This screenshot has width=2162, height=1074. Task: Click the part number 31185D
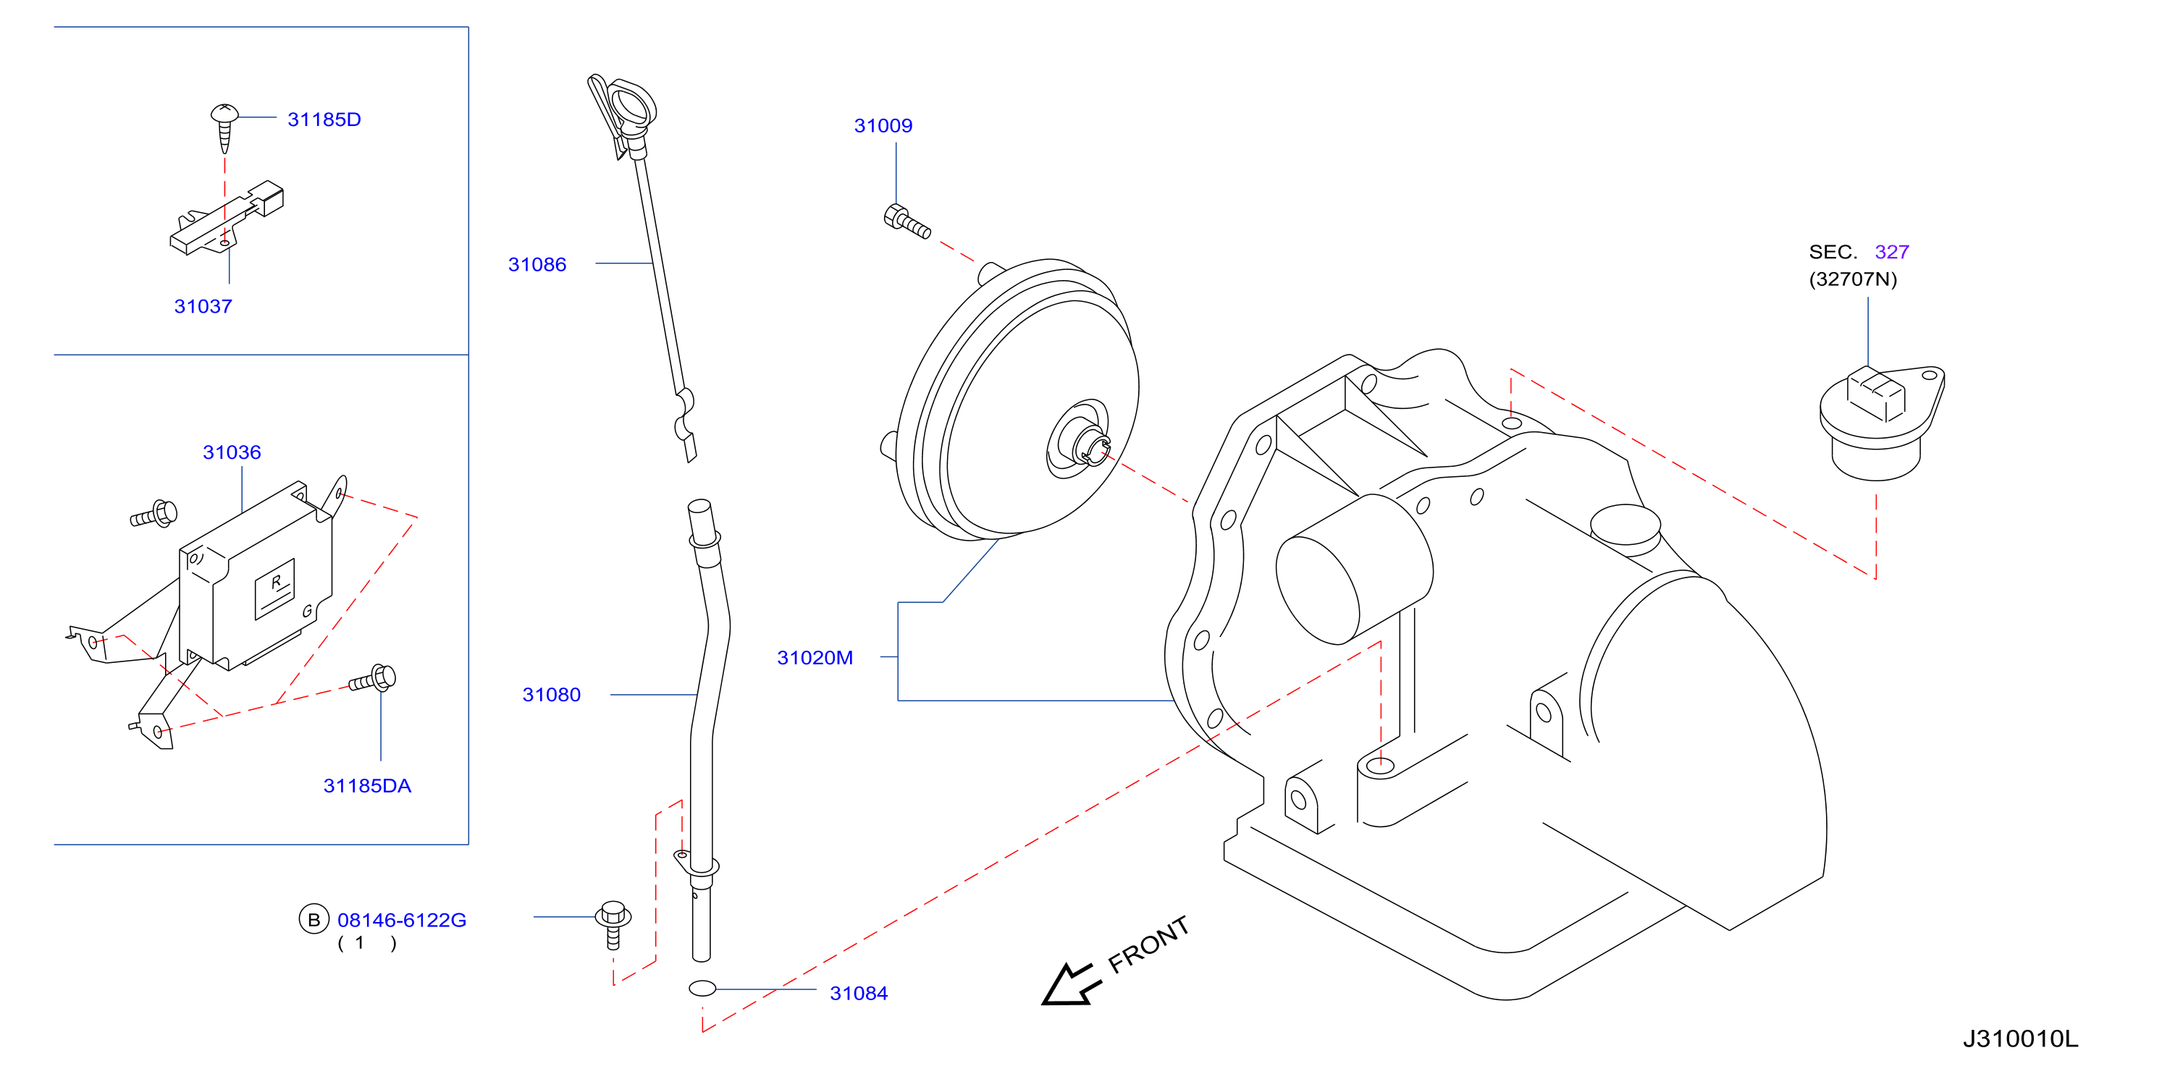[324, 119]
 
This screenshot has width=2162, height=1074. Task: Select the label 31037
[203, 306]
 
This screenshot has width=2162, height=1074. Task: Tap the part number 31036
[232, 452]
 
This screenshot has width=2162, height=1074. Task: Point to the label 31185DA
[368, 786]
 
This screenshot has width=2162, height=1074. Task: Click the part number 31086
[537, 264]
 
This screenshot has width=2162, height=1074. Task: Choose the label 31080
[552, 695]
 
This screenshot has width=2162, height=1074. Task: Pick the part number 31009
[883, 126]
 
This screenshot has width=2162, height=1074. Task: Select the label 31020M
[815, 658]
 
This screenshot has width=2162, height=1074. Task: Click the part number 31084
[859, 994]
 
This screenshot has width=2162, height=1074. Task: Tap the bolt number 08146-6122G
[401, 921]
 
